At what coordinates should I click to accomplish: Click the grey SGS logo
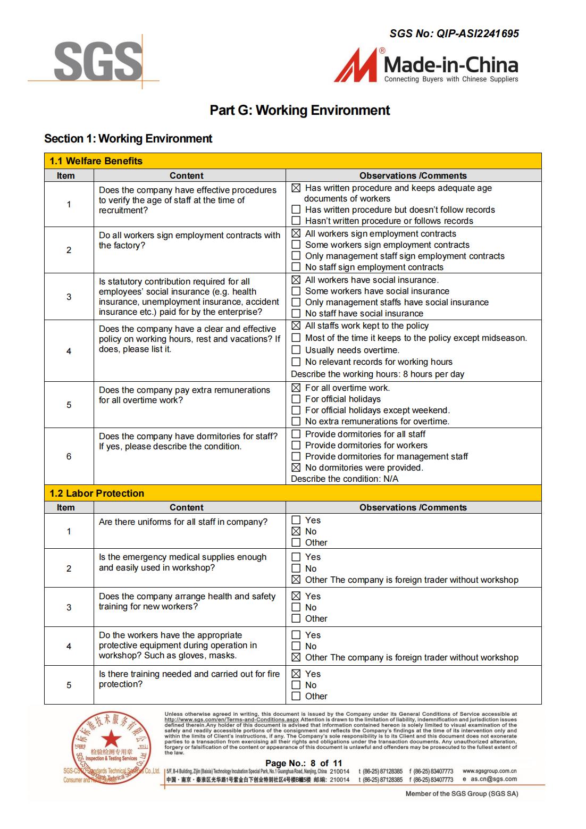[x=98, y=62]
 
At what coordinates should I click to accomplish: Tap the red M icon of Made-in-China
[x=356, y=65]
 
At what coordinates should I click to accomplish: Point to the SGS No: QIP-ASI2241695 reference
[x=454, y=34]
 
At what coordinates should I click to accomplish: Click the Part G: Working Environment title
[x=299, y=110]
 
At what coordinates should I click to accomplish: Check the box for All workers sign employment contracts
[x=296, y=233]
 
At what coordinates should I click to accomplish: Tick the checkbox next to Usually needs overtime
[x=296, y=350]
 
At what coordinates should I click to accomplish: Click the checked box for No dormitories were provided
[x=296, y=467]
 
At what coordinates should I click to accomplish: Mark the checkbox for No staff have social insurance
[x=296, y=313]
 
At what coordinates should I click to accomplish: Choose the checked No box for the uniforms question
[x=296, y=531]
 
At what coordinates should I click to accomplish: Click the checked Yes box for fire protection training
[x=296, y=674]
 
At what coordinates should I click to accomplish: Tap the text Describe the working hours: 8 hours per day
[x=378, y=374]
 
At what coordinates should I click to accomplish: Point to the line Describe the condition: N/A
[x=345, y=479]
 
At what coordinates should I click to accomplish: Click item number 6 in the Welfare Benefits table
[x=69, y=456]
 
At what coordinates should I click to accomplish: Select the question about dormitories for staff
[x=188, y=441]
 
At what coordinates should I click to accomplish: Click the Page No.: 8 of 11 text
[x=304, y=763]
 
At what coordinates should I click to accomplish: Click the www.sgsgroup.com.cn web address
[x=489, y=771]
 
